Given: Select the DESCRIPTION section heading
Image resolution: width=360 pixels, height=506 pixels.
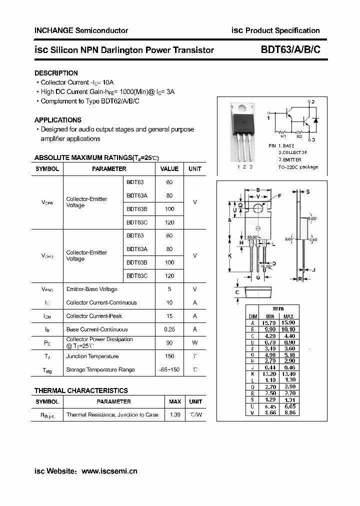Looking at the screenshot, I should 56,73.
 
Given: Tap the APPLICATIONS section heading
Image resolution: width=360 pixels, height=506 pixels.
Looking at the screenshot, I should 57,120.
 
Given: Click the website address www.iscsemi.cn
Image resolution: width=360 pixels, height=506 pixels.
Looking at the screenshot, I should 109,471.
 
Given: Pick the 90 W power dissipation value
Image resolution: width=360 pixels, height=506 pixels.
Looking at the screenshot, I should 169,342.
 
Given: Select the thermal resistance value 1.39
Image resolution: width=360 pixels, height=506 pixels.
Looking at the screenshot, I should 175,414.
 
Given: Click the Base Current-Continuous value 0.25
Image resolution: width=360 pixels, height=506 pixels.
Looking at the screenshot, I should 169,329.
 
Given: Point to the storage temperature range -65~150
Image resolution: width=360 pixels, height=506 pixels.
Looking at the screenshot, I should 169,369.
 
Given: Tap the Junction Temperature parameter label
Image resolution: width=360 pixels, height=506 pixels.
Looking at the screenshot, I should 92,356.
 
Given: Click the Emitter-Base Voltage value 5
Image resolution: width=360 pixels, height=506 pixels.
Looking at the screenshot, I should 169,289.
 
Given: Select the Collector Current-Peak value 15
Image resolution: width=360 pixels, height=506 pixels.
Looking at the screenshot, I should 169,316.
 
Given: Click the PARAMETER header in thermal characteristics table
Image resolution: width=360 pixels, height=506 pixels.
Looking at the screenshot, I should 113,401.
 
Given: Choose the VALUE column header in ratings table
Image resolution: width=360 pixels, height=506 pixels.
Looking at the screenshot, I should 169,169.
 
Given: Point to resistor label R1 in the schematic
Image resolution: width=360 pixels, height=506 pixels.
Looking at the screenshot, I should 283,136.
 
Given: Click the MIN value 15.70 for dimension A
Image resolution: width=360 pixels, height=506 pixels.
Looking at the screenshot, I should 270,323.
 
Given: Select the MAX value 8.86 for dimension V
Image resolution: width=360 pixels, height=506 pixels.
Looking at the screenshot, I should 288,413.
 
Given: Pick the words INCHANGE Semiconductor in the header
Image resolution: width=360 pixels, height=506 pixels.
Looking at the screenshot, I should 81,30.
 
